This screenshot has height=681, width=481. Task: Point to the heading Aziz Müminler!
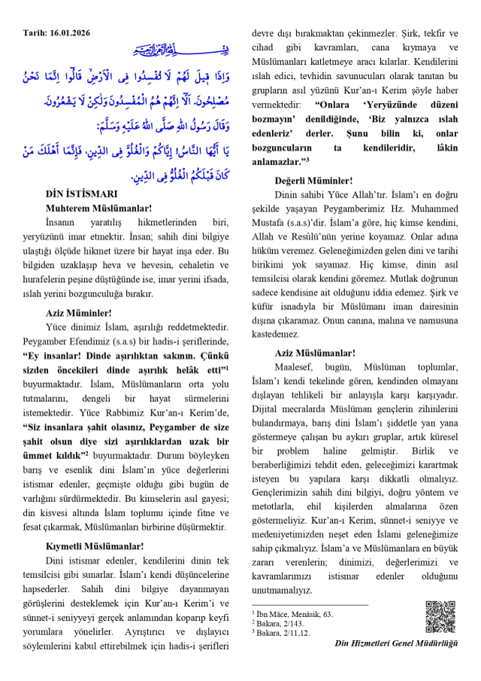(78, 312)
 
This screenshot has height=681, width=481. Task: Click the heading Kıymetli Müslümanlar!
(95, 546)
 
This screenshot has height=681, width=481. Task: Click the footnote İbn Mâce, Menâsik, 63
(295, 615)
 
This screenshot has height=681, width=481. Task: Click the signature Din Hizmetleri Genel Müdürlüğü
(396, 643)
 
